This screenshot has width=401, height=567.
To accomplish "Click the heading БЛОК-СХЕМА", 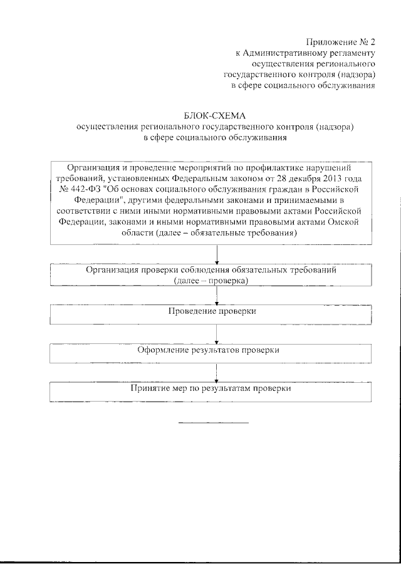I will click(215, 115).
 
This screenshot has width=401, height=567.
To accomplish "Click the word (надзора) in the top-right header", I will click(355, 75).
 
